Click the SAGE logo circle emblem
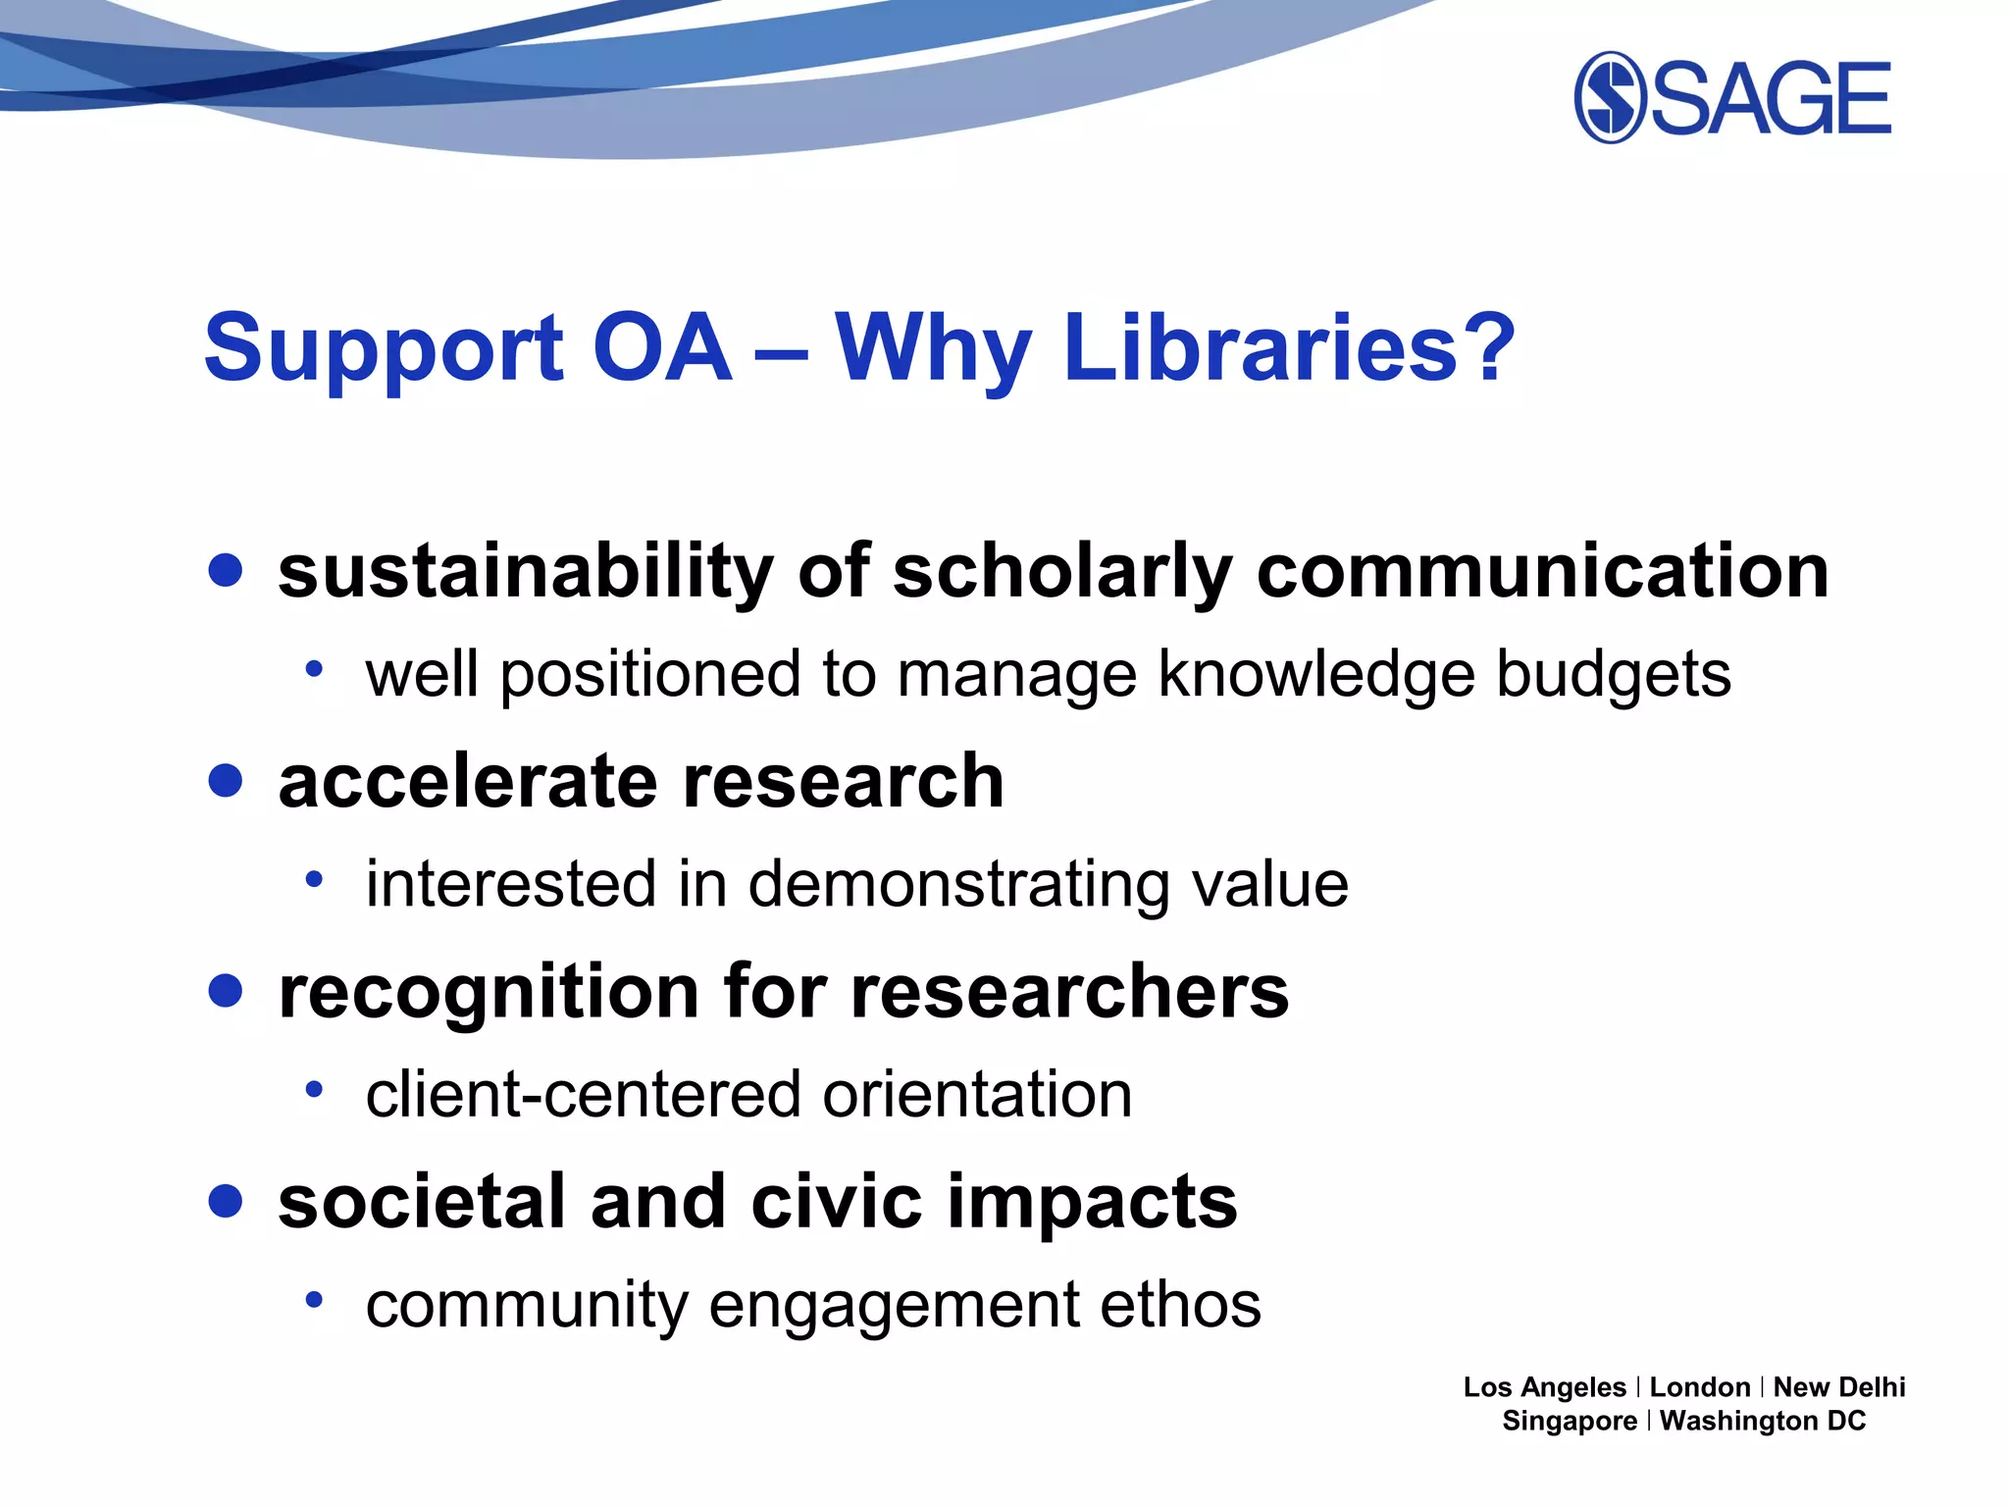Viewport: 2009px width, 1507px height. (x=1610, y=97)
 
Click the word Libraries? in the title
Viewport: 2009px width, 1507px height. (x=1289, y=347)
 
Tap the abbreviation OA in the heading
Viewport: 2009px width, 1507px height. (x=662, y=347)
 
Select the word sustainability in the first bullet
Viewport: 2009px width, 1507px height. (x=525, y=571)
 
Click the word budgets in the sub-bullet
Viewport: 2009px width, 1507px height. (x=1614, y=675)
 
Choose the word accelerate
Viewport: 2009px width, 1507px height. (x=467, y=781)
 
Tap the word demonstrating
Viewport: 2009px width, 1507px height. (x=957, y=885)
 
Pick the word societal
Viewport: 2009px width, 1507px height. (x=422, y=1202)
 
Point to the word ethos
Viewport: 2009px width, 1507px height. (x=1180, y=1305)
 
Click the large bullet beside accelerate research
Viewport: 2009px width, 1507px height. (x=226, y=781)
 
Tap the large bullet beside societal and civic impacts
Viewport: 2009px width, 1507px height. (x=226, y=1201)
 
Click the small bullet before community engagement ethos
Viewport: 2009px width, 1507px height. (x=314, y=1300)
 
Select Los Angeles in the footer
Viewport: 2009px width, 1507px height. (x=1544, y=1387)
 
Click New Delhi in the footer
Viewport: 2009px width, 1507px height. (x=1839, y=1387)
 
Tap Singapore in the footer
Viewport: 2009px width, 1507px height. (x=1570, y=1421)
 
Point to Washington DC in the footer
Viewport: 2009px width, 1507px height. (x=1763, y=1421)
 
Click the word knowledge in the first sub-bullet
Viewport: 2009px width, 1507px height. (x=1315, y=675)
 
